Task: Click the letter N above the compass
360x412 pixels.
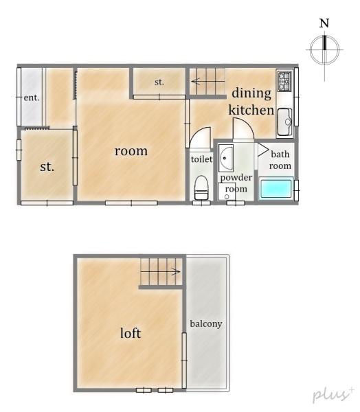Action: (x=324, y=23)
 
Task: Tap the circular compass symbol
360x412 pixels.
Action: (x=324, y=49)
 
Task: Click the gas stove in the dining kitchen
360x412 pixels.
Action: (x=285, y=81)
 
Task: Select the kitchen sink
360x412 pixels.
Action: (x=285, y=122)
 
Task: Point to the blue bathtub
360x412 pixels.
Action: (x=276, y=188)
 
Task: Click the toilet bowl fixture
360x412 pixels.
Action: (x=201, y=187)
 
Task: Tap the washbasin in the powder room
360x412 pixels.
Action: (x=226, y=158)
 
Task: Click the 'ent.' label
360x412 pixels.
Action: (x=32, y=98)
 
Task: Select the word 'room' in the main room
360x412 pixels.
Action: (x=131, y=151)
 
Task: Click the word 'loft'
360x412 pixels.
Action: (x=131, y=333)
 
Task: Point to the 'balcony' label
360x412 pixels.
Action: (x=206, y=324)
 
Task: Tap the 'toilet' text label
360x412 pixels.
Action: (x=201, y=159)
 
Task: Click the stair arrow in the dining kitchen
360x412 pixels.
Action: (x=207, y=81)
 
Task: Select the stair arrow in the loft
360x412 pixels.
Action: (x=161, y=271)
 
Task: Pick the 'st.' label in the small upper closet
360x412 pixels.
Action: (x=159, y=82)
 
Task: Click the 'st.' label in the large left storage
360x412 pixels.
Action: (x=47, y=167)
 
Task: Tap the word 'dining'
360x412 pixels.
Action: (x=251, y=93)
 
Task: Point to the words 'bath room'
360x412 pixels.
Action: (x=280, y=160)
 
